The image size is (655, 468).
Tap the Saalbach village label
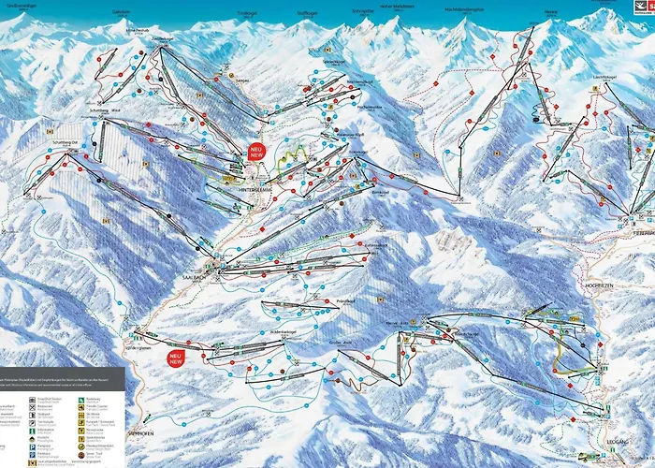[216, 276]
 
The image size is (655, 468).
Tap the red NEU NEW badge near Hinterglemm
[255, 151]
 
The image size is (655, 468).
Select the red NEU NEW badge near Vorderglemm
[176, 358]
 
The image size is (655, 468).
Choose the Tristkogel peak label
[247, 11]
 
